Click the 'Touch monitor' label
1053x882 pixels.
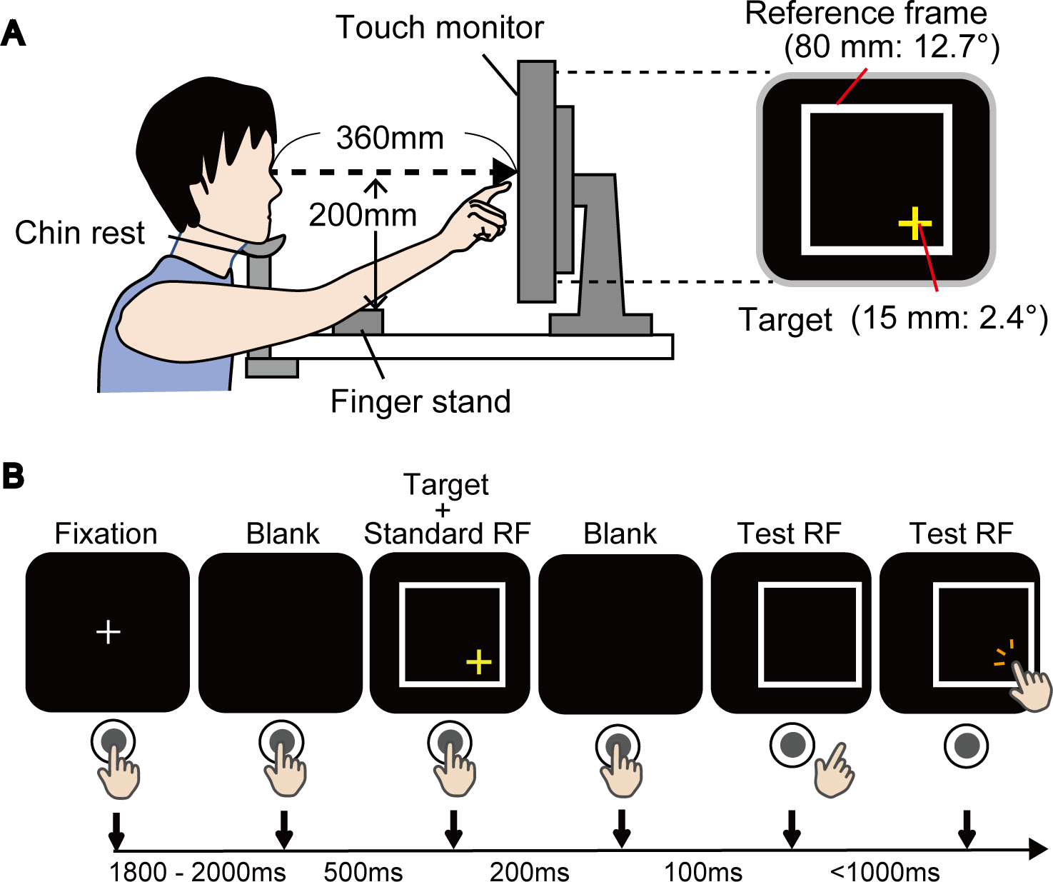tap(439, 29)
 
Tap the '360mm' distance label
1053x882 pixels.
tap(390, 138)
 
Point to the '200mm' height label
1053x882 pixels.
tap(363, 215)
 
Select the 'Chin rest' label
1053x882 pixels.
tap(80, 233)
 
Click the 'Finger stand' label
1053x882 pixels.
tap(420, 401)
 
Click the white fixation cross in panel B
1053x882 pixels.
tap(108, 632)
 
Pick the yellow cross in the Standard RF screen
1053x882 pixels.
tap(478, 662)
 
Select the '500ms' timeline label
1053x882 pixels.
tap(363, 872)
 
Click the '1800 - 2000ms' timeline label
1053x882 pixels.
tap(197, 872)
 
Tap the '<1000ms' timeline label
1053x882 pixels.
tap(885, 872)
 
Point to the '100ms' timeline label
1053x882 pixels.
tap(703, 872)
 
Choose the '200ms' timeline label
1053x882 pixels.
tap(529, 872)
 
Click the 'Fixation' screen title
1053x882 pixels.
tap(106, 534)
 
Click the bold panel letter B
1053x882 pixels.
tap(14, 476)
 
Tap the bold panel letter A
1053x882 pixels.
tap(14, 34)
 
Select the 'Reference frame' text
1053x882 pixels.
tap(866, 14)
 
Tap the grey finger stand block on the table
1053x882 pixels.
tap(358, 322)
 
